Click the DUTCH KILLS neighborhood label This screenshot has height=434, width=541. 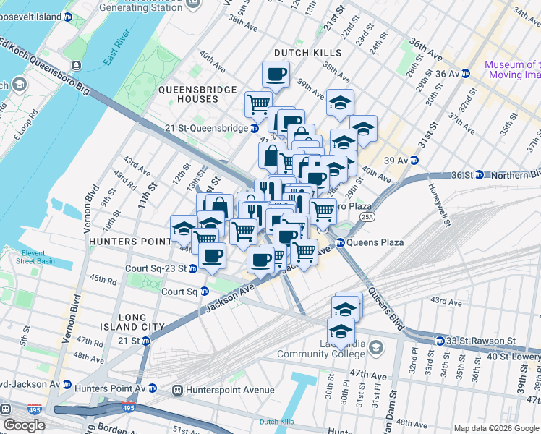point(307,53)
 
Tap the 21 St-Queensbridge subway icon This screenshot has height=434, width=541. point(255,128)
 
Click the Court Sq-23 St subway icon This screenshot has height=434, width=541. point(193,268)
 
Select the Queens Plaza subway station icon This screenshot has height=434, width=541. point(340,242)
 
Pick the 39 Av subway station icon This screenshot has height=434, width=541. point(415,160)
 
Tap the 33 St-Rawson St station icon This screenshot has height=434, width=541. point(439,341)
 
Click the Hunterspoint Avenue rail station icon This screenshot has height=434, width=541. point(177,391)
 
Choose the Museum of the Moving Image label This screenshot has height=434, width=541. point(513,69)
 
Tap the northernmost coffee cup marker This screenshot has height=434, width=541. point(276,74)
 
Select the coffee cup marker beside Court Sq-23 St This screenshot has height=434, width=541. point(213,255)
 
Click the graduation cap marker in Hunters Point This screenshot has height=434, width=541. point(184,229)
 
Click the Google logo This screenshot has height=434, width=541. point(25,425)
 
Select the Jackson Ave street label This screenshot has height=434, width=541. point(230,297)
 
